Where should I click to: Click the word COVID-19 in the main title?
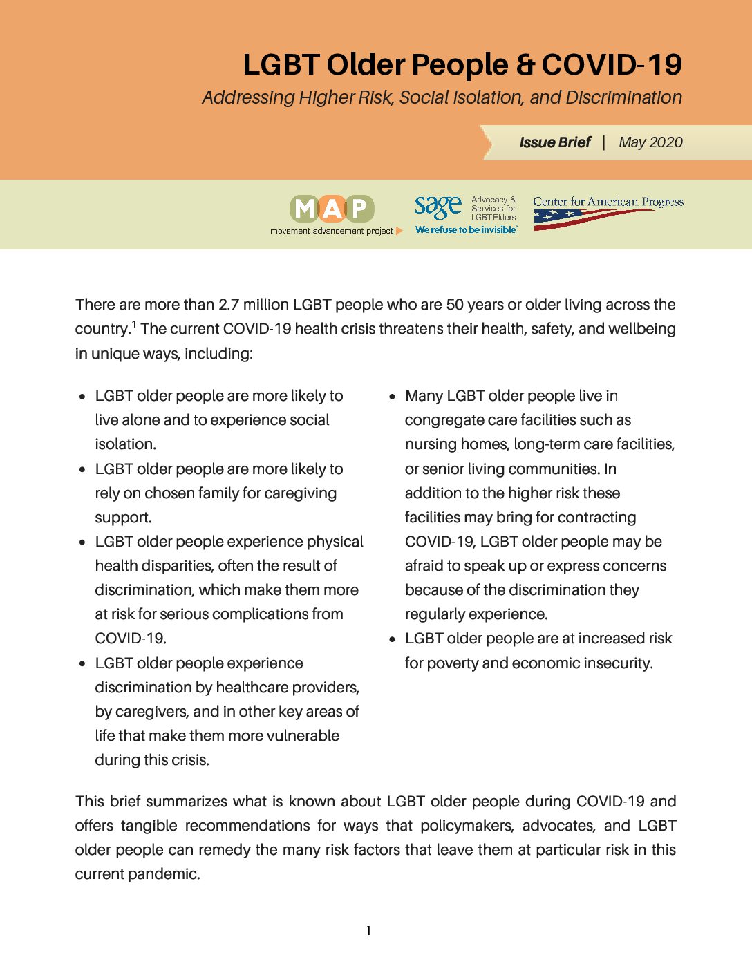pyautogui.click(x=612, y=65)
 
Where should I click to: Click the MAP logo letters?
pyautogui.click(x=332, y=208)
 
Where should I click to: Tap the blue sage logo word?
pyautogui.click(x=438, y=206)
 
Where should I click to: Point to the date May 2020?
pyautogui.click(x=650, y=142)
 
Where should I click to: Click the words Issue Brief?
pyautogui.click(x=555, y=142)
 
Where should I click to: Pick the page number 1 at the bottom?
pyautogui.click(x=368, y=931)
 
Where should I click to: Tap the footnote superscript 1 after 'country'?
pyautogui.click(x=134, y=325)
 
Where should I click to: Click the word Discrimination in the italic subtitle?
pyautogui.click(x=623, y=97)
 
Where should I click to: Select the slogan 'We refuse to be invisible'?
pyautogui.click(x=466, y=230)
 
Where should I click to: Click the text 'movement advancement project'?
pyautogui.click(x=332, y=231)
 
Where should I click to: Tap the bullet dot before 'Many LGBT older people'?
pyautogui.click(x=392, y=397)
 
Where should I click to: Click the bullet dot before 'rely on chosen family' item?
pyautogui.click(x=82, y=470)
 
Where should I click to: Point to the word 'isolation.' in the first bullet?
pyautogui.click(x=125, y=444)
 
